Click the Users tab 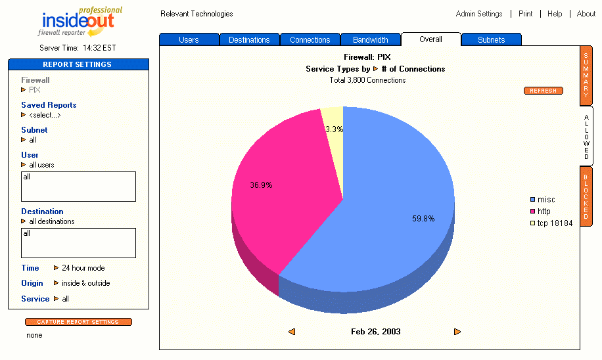(189, 40)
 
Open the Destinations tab (249, 40)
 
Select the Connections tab (310, 40)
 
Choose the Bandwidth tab (371, 40)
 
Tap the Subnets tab (491, 40)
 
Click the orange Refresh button (543, 91)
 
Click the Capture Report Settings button (78, 322)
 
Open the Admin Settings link (479, 14)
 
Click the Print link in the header (525, 14)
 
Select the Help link (555, 14)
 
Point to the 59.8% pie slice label (423, 219)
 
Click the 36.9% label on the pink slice (261, 185)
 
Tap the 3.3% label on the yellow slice (334, 129)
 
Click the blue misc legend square (533, 200)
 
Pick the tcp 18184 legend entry (555, 223)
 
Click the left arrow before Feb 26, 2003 (291, 332)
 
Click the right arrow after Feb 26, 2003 (457, 332)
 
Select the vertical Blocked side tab (586, 196)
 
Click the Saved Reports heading (49, 105)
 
